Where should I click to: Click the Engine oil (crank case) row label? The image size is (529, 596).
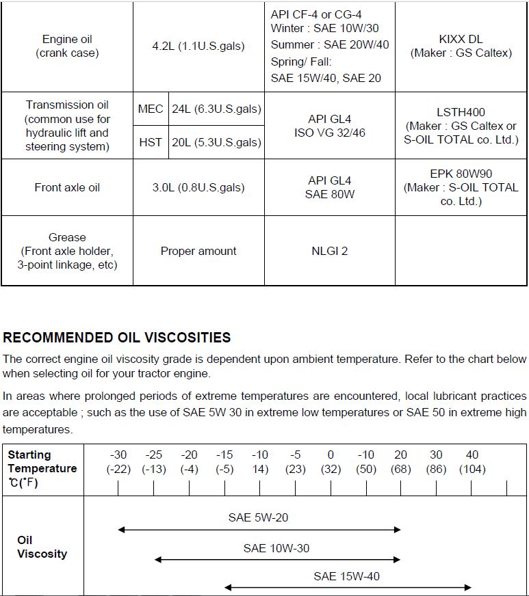click(x=67, y=46)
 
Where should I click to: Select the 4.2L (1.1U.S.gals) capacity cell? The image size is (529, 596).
click(x=198, y=46)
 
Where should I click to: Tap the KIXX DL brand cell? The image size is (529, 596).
click(x=461, y=46)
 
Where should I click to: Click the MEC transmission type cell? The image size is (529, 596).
click(x=151, y=109)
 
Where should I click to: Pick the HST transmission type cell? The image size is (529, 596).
click(x=151, y=142)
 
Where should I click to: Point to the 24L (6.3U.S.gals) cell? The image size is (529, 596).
click(x=216, y=109)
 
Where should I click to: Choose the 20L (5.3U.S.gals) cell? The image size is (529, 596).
click(x=216, y=142)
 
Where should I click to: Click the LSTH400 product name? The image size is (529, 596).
click(x=461, y=112)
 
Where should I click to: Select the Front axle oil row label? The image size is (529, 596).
click(x=67, y=187)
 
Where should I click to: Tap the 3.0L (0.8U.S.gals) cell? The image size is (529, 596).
click(x=198, y=187)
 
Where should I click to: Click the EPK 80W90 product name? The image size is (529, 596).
click(x=461, y=174)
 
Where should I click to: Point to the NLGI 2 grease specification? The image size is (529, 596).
click(x=330, y=251)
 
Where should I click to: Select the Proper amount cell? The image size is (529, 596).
click(x=198, y=251)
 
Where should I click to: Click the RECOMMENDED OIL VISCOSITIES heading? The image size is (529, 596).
click(x=117, y=338)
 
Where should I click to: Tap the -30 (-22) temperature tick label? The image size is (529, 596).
click(x=118, y=462)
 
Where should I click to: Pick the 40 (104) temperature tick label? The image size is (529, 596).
click(x=472, y=462)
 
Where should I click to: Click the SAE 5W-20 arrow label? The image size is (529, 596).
click(x=258, y=517)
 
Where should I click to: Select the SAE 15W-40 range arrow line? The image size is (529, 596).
click(x=348, y=588)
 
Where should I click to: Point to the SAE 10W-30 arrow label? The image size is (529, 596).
click(x=276, y=548)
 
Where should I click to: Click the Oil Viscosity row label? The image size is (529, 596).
click(x=42, y=547)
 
